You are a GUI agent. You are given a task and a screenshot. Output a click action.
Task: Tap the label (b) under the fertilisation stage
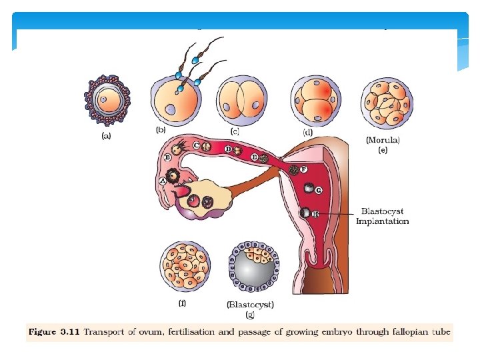click(x=161, y=129)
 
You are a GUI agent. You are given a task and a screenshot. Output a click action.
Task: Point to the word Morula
click(x=383, y=141)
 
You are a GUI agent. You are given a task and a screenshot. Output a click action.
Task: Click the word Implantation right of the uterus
click(x=382, y=221)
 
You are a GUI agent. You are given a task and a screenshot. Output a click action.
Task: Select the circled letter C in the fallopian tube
click(x=197, y=145)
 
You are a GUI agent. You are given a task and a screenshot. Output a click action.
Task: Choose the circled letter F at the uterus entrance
click(x=303, y=170)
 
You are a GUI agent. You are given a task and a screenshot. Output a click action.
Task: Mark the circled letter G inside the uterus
click(x=319, y=190)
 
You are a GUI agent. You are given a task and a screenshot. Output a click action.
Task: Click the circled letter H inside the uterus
click(x=315, y=213)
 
